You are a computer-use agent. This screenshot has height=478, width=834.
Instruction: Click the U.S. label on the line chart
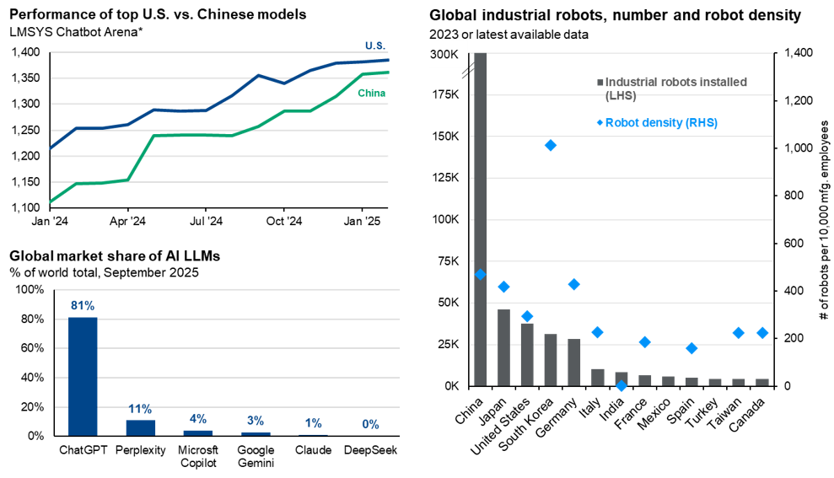tap(374, 45)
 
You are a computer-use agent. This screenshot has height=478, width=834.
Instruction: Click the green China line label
tap(371, 93)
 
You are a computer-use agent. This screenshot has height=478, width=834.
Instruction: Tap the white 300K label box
tap(444, 55)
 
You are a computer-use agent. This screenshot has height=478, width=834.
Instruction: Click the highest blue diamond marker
tap(551, 145)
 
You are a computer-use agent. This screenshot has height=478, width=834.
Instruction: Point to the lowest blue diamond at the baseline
tap(621, 385)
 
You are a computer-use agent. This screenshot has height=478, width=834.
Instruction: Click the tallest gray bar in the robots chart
tap(481, 219)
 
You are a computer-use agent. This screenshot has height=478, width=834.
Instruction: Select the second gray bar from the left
tap(503, 346)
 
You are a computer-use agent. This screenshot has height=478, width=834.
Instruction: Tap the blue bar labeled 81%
tap(83, 376)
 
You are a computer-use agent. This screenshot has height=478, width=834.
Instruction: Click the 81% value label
tap(83, 305)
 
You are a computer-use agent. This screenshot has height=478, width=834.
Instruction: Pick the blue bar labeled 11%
tap(140, 427)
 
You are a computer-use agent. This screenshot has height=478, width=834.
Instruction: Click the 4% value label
tap(198, 419)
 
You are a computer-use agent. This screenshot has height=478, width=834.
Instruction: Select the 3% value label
tap(256, 421)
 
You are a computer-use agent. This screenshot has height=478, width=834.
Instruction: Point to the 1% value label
tap(313, 423)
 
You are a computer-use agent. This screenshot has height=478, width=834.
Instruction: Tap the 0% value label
tap(370, 424)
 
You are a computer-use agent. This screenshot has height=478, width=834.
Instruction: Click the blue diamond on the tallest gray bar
tap(481, 274)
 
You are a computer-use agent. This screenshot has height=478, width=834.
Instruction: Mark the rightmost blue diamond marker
tap(762, 333)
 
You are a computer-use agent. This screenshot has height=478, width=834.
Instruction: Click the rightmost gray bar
tap(762, 382)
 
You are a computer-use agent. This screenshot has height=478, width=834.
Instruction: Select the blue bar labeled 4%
tap(198, 432)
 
